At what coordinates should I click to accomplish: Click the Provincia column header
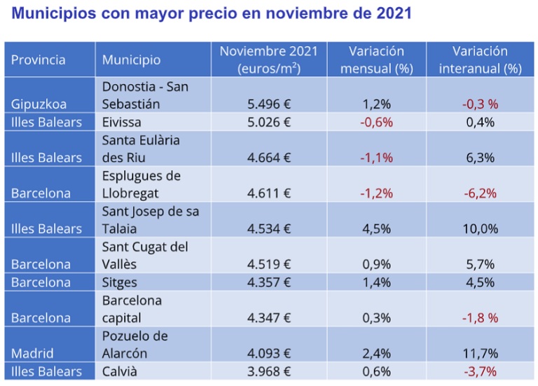(x=38, y=60)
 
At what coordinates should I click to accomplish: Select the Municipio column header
(x=132, y=60)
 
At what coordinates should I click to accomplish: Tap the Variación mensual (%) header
(x=376, y=60)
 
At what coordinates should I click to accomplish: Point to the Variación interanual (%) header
(x=480, y=60)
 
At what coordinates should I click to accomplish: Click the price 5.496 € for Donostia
(x=269, y=104)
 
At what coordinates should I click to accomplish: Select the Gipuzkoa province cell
(x=39, y=104)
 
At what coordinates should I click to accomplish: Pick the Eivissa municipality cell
(x=121, y=122)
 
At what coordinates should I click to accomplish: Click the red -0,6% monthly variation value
(x=376, y=122)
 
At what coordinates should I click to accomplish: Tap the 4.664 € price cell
(x=269, y=158)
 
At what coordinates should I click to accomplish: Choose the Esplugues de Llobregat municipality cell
(x=142, y=184)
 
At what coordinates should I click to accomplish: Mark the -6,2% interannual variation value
(x=480, y=193)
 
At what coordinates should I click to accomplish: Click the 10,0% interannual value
(x=480, y=228)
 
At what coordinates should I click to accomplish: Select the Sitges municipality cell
(x=119, y=282)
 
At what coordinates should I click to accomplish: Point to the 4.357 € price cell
(x=269, y=282)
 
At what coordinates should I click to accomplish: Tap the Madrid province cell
(x=32, y=353)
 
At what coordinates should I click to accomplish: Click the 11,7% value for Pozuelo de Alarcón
(x=480, y=353)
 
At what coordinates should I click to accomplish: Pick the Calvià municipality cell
(x=119, y=371)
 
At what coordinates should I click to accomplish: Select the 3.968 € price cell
(x=269, y=371)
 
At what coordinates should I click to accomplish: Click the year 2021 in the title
(x=394, y=13)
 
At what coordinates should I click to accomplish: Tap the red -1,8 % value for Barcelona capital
(x=480, y=318)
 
